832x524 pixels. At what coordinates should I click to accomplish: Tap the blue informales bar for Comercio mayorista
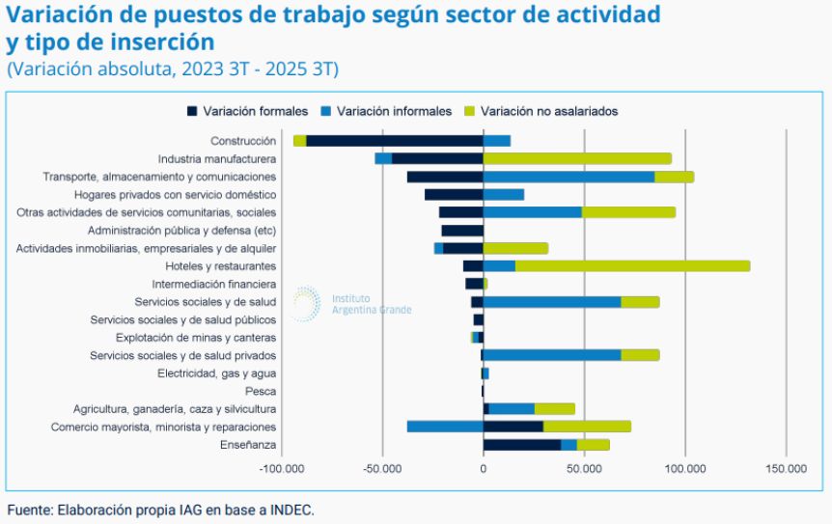click(444, 427)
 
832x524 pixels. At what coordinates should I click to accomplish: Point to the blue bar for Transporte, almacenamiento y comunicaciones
click(569, 177)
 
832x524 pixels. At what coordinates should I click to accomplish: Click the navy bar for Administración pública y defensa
click(462, 231)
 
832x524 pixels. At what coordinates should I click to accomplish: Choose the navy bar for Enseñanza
click(522, 445)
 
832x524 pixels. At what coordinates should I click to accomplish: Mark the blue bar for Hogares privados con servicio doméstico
click(504, 195)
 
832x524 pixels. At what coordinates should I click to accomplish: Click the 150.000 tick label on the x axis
click(787, 469)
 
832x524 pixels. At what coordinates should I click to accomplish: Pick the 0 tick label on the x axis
click(484, 469)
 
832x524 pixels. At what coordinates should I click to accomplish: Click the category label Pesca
click(261, 392)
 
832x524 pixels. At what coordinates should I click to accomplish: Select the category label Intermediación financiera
click(214, 285)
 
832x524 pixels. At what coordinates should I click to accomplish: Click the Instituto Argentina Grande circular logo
click(306, 302)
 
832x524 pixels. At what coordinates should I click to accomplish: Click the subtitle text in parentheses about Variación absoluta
click(173, 69)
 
